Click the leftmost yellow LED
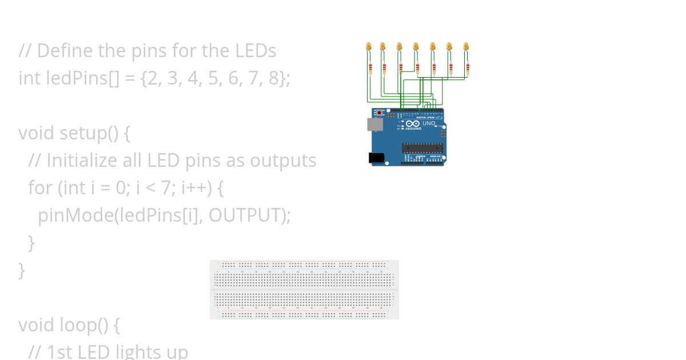coord(368,46)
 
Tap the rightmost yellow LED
coord(466,46)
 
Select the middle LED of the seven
coord(416,46)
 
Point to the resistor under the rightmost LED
coord(468,69)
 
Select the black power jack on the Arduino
coord(375,157)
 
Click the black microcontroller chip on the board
coord(422,148)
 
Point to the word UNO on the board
coord(429,123)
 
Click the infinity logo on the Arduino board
coord(413,123)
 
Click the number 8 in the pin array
coord(274,78)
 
